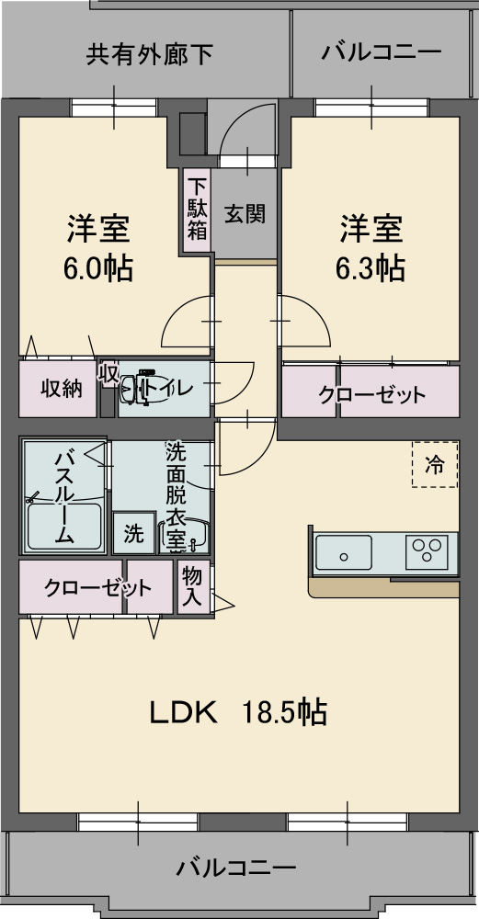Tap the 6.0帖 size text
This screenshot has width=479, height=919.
[97, 268]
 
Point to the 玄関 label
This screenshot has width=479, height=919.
[245, 214]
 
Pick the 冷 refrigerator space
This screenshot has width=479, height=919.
[434, 465]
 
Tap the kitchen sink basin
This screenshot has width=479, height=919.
[343, 554]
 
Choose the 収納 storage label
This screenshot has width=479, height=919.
[62, 388]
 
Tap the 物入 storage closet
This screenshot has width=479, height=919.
[192, 586]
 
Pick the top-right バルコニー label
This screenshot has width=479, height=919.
[381, 52]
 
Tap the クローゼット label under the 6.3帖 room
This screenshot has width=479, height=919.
[371, 395]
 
